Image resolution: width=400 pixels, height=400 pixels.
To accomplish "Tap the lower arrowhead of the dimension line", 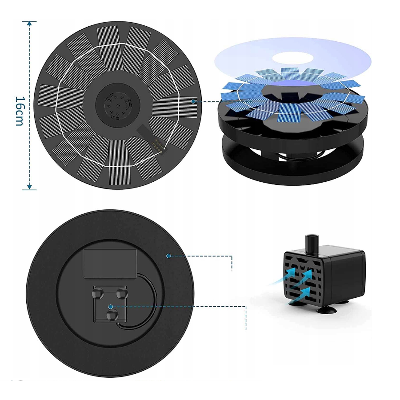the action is (30, 187).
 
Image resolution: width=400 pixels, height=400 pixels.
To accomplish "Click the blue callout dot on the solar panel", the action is (193, 102).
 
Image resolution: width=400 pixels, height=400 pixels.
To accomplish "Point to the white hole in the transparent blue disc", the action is (293, 58).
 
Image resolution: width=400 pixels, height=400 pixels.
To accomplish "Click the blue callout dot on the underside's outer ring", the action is (169, 256).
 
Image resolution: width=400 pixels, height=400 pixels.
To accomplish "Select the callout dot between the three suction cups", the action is (111, 307).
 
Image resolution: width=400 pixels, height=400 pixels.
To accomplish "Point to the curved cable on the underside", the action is (152, 301).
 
